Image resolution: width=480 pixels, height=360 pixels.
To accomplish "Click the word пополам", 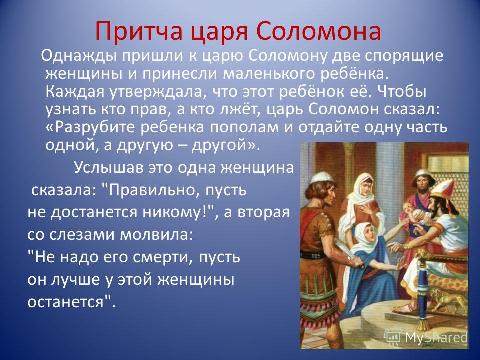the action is (244, 127).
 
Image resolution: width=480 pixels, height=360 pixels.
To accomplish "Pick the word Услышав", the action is (108, 168).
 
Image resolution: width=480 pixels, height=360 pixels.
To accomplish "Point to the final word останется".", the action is (72, 302).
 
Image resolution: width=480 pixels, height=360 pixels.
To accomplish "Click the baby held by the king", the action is (414, 213).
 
